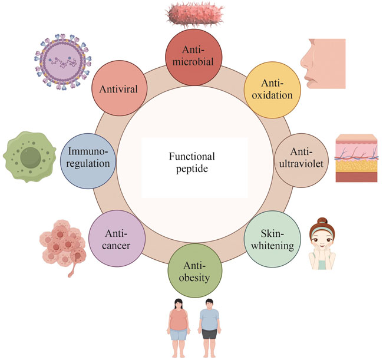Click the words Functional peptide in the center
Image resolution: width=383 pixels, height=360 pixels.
[191, 163]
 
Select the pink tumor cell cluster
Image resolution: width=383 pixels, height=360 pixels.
[62, 242]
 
